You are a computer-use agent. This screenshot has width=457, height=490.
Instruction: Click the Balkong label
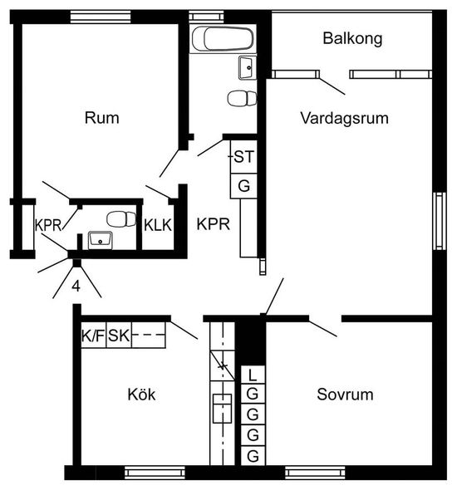[x=352, y=38]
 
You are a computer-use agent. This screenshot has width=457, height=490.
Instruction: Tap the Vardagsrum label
[x=345, y=118]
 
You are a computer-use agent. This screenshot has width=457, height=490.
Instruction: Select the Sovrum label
[x=345, y=394]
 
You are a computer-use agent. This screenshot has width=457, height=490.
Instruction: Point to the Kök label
[x=141, y=394]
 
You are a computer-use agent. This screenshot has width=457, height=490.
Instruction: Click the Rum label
[x=102, y=118]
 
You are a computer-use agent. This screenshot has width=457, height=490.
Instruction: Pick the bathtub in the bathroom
[x=223, y=39]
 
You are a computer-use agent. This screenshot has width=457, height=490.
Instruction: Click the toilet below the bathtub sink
[x=242, y=99]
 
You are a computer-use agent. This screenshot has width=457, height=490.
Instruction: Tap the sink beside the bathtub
[x=248, y=67]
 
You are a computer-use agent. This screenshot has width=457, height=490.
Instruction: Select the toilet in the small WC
[x=121, y=219]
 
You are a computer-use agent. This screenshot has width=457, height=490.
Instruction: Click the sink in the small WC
[x=100, y=240]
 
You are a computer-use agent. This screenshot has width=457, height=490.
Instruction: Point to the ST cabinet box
[x=243, y=157]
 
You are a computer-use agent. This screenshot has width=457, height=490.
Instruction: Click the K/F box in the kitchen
[x=93, y=335]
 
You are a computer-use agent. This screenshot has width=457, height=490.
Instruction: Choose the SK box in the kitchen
[x=119, y=335]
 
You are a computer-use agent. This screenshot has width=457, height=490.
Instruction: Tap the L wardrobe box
[x=253, y=375]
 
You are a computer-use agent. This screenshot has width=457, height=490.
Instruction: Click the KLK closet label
[x=158, y=225]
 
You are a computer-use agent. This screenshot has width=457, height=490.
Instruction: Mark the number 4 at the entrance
[x=76, y=286]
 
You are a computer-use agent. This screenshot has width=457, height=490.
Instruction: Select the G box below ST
[x=243, y=186]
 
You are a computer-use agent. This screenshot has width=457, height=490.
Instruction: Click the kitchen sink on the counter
[x=222, y=409]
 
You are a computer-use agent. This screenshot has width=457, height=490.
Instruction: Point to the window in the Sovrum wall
[x=315, y=473]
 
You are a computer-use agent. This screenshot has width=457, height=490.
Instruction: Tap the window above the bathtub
[x=207, y=17]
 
